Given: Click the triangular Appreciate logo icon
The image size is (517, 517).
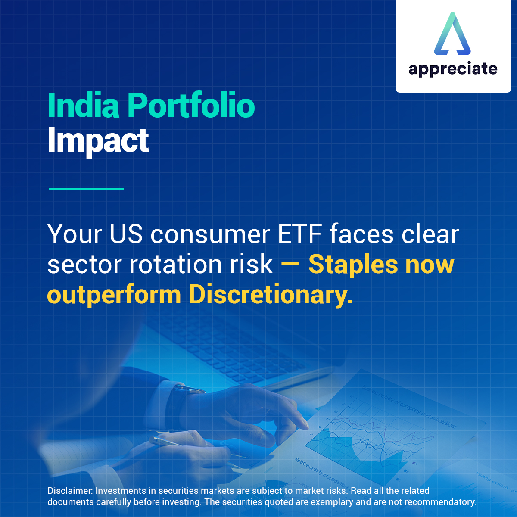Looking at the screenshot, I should coord(452,34).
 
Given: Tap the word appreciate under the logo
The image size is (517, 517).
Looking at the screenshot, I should coord(453,69).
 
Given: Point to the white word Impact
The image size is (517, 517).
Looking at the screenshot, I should coord(98,140).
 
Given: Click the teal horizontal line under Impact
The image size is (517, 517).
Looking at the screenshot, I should coord(87,189).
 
